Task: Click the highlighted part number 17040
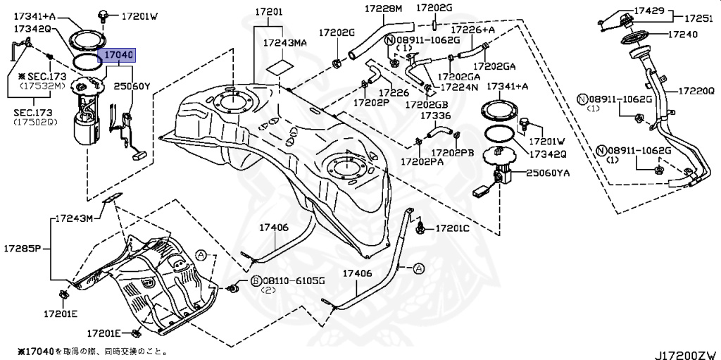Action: coord(118,54)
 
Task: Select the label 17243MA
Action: coord(285,43)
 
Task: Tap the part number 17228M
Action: coord(383,8)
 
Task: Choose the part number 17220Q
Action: coord(697,91)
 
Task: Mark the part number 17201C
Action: coord(452,228)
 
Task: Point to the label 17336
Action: coord(436,116)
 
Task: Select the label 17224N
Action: coord(459,87)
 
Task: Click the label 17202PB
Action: coord(453,152)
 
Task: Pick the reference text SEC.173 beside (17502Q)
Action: coord(30,113)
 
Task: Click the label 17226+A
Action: coord(472,30)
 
